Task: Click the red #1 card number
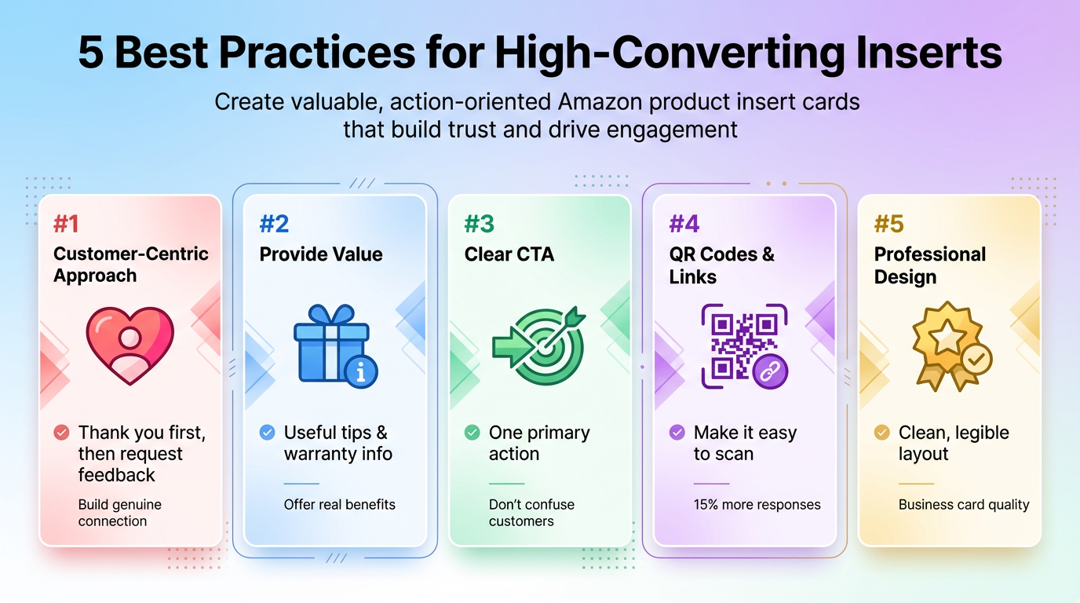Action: point(66,225)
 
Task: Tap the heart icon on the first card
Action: point(130,345)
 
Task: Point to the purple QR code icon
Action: point(738,343)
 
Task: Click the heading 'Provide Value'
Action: point(321,254)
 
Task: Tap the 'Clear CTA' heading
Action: point(509,254)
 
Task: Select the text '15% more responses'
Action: point(757,505)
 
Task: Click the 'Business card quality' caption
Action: point(963,505)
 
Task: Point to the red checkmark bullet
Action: point(61,433)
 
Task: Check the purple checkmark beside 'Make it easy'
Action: point(677,433)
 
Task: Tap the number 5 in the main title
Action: point(90,53)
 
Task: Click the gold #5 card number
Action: point(888,225)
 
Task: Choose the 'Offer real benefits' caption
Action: point(339,505)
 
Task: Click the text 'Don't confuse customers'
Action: point(531,513)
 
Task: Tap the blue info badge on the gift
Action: point(361,372)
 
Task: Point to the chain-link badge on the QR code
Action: point(771,371)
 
